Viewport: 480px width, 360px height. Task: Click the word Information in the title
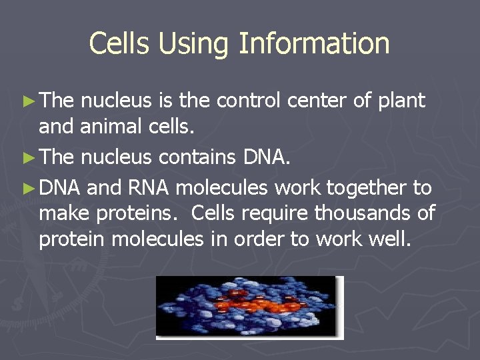(x=314, y=43)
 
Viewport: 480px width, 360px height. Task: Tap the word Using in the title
(x=195, y=43)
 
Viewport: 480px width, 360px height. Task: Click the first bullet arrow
(x=27, y=101)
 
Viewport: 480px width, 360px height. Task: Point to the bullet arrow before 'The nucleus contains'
(x=27, y=157)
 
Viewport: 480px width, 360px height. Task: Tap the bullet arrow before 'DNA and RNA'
(x=27, y=189)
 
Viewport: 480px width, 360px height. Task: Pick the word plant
(x=401, y=101)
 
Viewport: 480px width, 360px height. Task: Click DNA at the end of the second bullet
(x=267, y=157)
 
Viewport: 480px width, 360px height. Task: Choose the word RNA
(x=148, y=188)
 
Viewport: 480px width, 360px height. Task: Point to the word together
(x=365, y=189)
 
